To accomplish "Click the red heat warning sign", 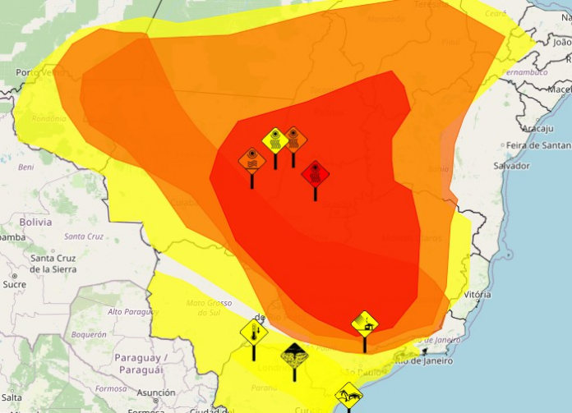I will click(315, 173).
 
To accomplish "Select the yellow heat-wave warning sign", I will click(274, 140).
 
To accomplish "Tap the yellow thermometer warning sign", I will click(254, 333).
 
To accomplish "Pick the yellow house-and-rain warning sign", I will click(364, 323).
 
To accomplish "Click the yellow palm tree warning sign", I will click(349, 395).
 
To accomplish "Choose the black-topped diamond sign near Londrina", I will click(293, 356).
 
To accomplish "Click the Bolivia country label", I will click(35, 222).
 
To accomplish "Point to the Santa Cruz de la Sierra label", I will click(53, 264).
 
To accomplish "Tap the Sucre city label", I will click(14, 284).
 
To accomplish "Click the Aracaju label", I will click(536, 128).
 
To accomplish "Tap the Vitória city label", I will click(477, 293).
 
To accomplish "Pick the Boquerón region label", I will click(89, 334).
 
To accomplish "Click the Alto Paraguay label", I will click(131, 312).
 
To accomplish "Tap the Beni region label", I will click(26, 167).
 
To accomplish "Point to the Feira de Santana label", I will click(538, 145).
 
